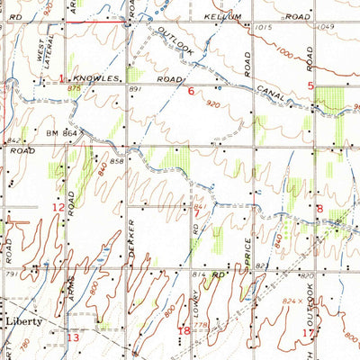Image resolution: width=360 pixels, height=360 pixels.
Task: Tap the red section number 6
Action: pyautogui.click(x=190, y=91)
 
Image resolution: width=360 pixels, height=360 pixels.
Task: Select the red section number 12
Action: pyautogui.click(x=58, y=208)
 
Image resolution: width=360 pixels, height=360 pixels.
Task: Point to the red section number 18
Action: pyautogui.click(x=184, y=331)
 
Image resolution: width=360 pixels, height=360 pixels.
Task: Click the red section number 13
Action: pyautogui.click(x=74, y=338)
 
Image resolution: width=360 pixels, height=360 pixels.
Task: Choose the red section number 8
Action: pyautogui.click(x=319, y=209)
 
